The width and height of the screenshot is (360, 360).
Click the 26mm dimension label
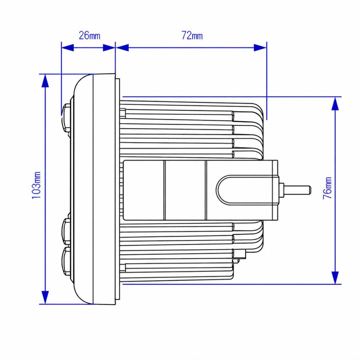click(x=90, y=36)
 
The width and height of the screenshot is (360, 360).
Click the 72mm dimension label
click(x=192, y=36)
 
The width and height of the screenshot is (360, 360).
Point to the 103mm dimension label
click(x=36, y=185)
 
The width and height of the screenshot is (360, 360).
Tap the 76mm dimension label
click(x=327, y=188)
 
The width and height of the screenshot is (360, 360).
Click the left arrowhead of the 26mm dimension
click(x=68, y=48)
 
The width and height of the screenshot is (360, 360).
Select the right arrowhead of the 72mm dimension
click(x=260, y=48)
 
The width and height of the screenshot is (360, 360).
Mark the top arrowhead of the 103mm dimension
click(x=45, y=81)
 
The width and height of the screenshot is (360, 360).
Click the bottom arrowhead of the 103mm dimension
click(x=45, y=297)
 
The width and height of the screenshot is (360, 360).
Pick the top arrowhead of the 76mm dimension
click(x=336, y=104)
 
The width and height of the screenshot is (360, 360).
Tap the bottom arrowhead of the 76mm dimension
click(x=336, y=278)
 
